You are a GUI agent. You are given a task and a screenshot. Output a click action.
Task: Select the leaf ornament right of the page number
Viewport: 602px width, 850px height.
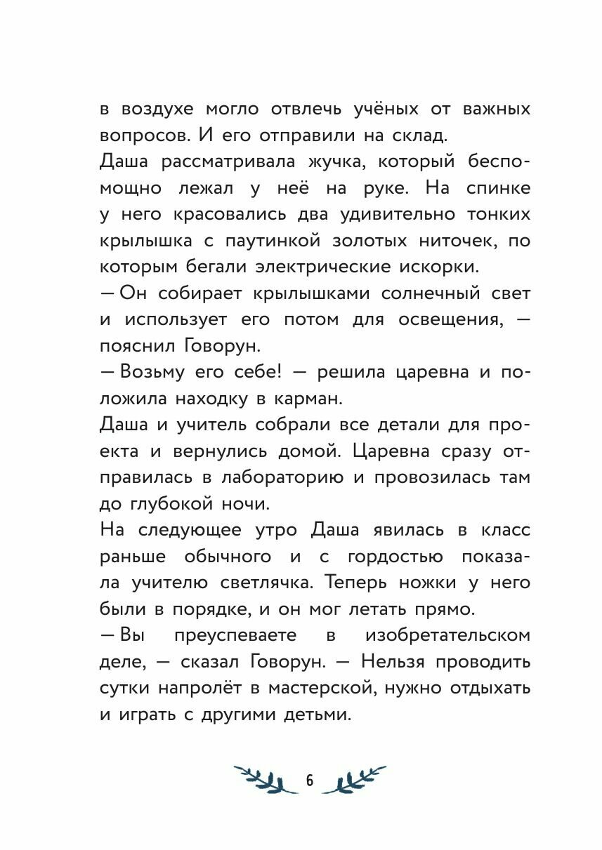[355, 779]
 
